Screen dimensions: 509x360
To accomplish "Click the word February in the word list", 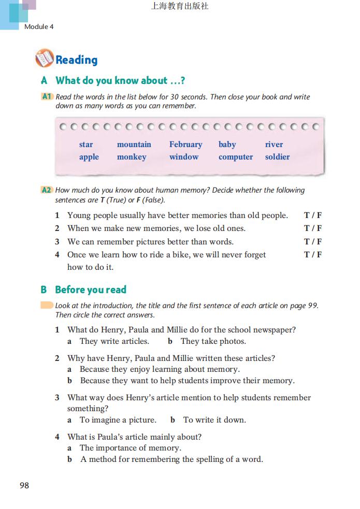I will [x=185, y=144].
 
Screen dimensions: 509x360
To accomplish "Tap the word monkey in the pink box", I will [x=132, y=157].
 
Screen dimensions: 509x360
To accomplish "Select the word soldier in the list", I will [x=277, y=157].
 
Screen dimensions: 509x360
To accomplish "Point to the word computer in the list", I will [x=236, y=157].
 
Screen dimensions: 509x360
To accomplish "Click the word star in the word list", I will [x=86, y=144].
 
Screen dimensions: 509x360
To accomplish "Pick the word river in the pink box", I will [x=274, y=144].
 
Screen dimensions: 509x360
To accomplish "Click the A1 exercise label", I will [x=47, y=96].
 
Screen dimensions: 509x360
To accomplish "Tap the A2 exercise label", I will [x=47, y=190].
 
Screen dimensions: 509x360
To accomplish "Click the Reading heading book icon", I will [x=44, y=59].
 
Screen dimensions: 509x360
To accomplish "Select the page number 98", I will [x=24, y=485].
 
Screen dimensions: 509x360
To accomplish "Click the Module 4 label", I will [x=39, y=26].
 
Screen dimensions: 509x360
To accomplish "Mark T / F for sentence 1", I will [x=312, y=215].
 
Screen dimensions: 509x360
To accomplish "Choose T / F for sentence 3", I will [x=312, y=241].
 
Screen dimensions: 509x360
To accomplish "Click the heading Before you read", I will [x=91, y=289].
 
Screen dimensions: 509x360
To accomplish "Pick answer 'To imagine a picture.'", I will [x=118, y=420].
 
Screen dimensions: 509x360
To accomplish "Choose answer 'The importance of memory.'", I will [x=130, y=448].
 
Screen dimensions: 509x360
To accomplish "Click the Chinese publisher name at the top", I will [x=180, y=7].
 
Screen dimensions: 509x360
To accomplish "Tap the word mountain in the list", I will [x=134, y=144].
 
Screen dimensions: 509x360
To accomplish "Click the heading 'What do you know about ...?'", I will [x=120, y=81].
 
